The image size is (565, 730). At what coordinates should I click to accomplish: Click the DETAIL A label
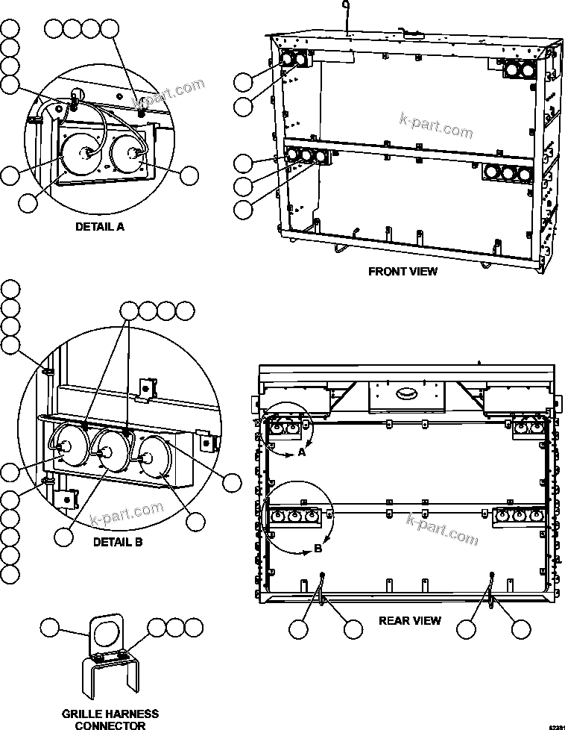(x=99, y=226)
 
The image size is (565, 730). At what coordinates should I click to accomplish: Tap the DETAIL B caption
(x=117, y=542)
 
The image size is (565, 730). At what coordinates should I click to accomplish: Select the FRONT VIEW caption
(x=403, y=271)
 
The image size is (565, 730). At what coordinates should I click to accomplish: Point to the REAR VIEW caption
(x=409, y=620)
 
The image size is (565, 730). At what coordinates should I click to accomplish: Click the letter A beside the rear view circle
(x=301, y=452)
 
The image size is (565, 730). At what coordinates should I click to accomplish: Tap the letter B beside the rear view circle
(x=318, y=549)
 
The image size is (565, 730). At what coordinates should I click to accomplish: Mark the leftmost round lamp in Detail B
(x=66, y=446)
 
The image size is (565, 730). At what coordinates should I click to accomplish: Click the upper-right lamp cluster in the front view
(x=520, y=69)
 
